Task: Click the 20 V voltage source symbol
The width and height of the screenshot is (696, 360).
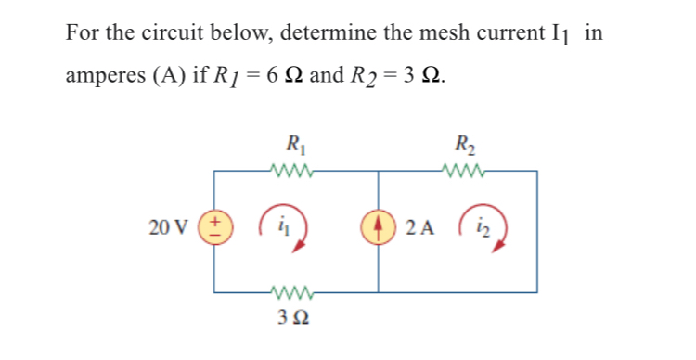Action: pyautogui.click(x=216, y=227)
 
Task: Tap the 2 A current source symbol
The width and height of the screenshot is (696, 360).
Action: pyautogui.click(x=378, y=227)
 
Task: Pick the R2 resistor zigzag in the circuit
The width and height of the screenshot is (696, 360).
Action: pyautogui.click(x=461, y=170)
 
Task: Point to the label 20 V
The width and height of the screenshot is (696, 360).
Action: pyautogui.click(x=168, y=227)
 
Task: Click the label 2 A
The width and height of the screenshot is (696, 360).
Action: pyautogui.click(x=418, y=227)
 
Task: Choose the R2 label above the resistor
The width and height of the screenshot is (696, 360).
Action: pyautogui.click(x=462, y=145)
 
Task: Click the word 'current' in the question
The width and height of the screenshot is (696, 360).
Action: pyautogui.click(x=503, y=33)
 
